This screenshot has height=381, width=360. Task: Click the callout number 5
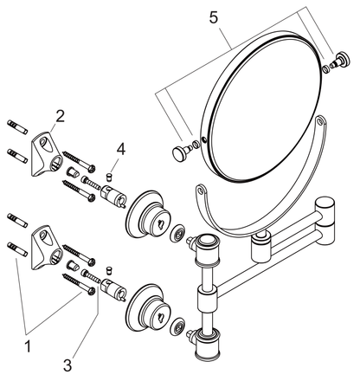click(x=214, y=18)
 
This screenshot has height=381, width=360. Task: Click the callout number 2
click(x=60, y=116)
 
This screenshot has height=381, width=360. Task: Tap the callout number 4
click(x=121, y=150)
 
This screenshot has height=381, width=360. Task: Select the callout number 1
click(x=28, y=346)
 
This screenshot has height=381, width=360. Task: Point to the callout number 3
click(x=67, y=365)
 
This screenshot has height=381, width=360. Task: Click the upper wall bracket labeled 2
click(x=47, y=153)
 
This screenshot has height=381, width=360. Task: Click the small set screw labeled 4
click(x=109, y=177)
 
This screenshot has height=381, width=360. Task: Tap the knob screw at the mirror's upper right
click(x=341, y=60)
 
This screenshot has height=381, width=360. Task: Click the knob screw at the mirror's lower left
click(x=181, y=152)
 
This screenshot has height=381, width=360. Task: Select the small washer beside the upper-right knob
click(x=326, y=69)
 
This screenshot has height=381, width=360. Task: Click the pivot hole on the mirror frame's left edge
click(x=204, y=140)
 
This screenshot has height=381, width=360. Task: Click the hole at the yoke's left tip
click(x=200, y=190)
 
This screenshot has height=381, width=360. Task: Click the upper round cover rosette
click(x=148, y=214)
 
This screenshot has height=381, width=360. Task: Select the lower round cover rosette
click(x=148, y=308)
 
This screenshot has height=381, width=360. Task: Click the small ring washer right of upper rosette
click(x=177, y=232)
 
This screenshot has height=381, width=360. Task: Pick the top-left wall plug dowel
click(x=17, y=126)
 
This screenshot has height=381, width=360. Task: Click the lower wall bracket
click(x=47, y=248)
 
